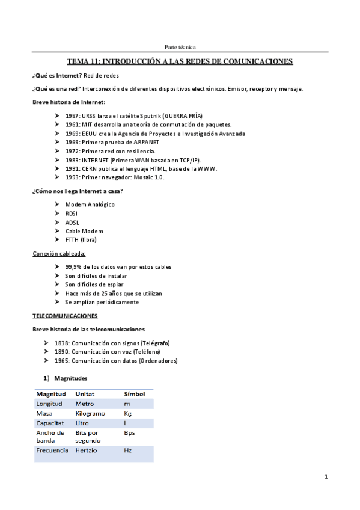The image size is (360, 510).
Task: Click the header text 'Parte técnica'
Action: coord(180,47)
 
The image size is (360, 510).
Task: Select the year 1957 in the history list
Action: coord(72,115)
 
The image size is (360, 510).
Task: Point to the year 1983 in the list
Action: coord(72,160)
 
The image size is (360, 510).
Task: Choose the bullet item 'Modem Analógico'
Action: coord(90,204)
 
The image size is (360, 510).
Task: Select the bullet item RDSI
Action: coord(71,214)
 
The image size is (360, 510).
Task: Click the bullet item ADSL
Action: coord(72,222)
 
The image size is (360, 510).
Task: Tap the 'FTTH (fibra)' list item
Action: coord(81,239)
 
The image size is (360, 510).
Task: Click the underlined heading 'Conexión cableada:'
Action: coord(59,253)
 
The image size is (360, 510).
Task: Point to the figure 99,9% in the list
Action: coord(74,267)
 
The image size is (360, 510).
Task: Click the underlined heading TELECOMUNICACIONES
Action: coord(65,315)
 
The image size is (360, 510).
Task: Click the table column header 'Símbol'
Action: coord(134,394)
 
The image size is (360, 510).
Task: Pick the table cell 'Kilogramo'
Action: coord(90,414)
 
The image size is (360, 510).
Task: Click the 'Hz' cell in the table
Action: coord(127,450)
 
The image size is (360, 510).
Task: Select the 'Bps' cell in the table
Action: coord(129,432)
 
